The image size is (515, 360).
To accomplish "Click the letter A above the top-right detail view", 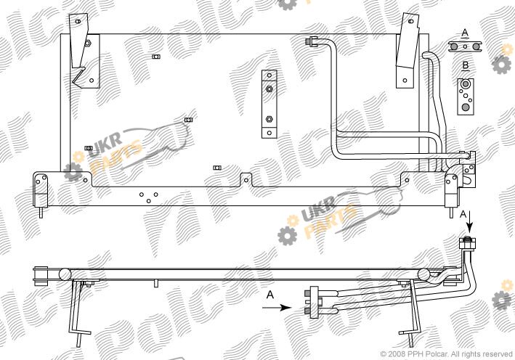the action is tap(465, 33).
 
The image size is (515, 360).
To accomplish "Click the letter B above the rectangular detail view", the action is tap(466, 65).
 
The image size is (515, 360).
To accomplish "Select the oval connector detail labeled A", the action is tap(465, 46).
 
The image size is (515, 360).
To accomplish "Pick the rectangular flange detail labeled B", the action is tap(466, 97).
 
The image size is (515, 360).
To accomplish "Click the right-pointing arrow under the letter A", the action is tap(277, 308).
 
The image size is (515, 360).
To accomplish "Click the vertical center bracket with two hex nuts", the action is tap(269, 104).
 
